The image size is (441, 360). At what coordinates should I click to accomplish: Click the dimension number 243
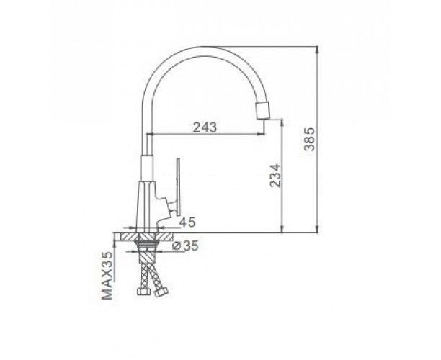coord(205,127)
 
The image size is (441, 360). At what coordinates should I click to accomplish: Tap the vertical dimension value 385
coord(310,139)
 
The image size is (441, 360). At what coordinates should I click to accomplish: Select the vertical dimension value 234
coord(275,176)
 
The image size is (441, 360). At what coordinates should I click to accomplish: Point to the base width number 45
coord(187,222)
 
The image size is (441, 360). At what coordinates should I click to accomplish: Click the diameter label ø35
coord(185,246)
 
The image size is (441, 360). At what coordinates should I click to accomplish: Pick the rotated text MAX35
coord(107,276)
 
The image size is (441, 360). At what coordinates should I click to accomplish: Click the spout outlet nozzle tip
coord(263,110)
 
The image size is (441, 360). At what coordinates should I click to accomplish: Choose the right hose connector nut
coord(161,292)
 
